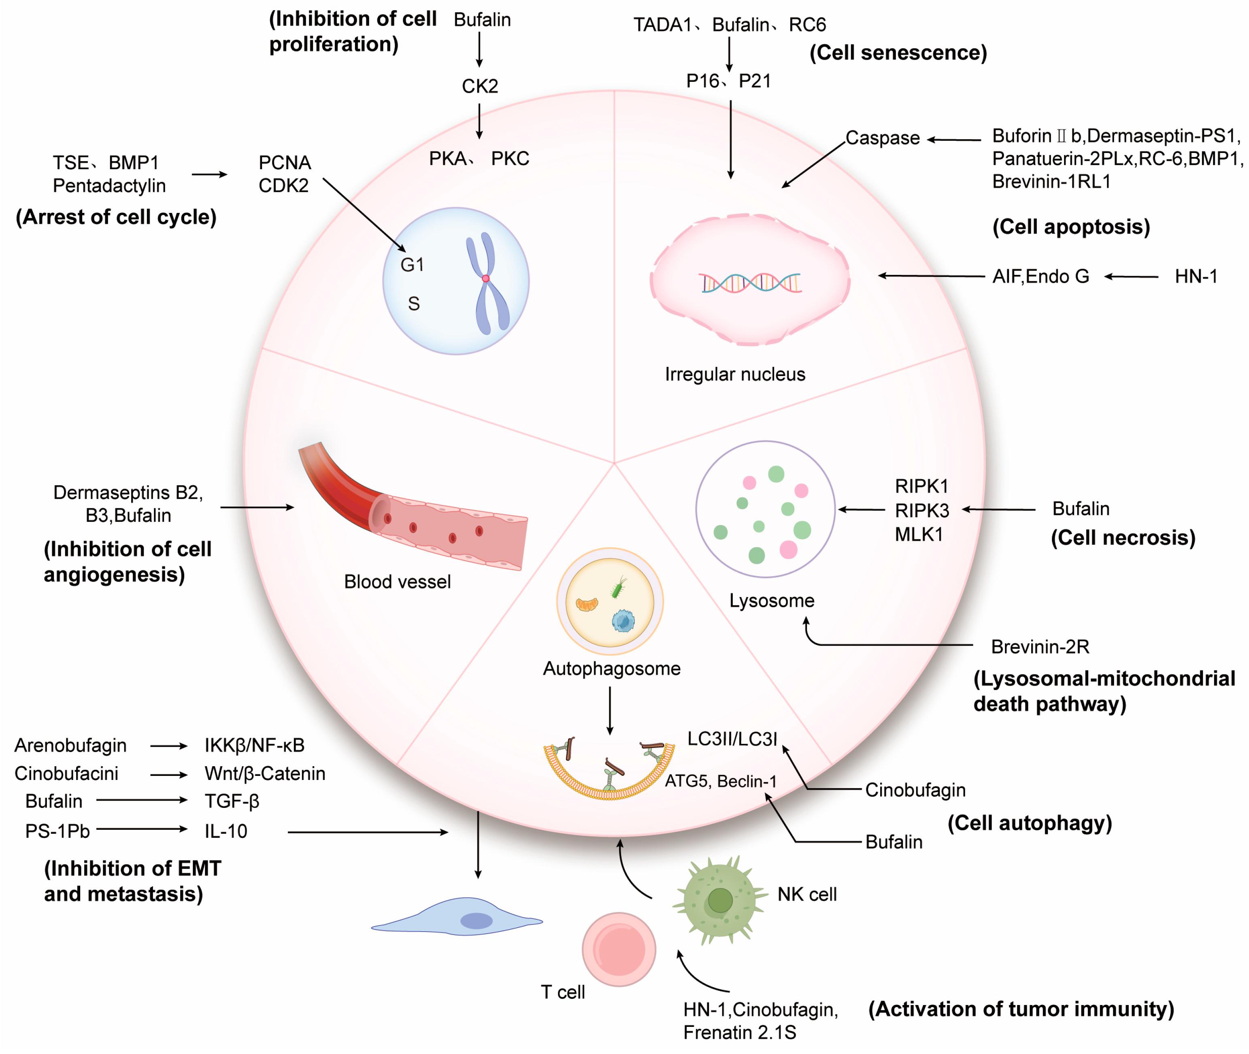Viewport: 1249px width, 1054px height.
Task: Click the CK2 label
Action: pos(479,87)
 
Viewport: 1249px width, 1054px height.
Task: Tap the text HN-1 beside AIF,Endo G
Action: pos(1196,276)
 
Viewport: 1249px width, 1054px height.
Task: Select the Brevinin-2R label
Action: pos(1040,646)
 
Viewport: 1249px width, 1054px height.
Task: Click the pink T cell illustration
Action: pos(619,949)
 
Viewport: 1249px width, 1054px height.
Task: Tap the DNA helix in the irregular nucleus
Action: pos(751,283)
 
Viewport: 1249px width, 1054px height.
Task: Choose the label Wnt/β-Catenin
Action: pos(265,774)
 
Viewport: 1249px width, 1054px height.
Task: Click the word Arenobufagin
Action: pos(70,746)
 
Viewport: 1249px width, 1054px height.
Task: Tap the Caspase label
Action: pos(882,138)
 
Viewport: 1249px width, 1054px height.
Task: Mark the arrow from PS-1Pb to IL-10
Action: pos(142,829)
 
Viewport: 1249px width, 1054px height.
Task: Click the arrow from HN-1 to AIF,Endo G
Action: pos(1131,276)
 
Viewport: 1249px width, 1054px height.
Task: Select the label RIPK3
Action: pos(921,510)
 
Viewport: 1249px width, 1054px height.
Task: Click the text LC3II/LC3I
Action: pos(732,739)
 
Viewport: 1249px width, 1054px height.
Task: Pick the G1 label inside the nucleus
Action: pos(412,265)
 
